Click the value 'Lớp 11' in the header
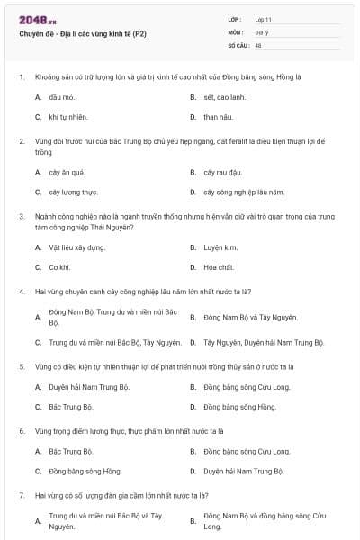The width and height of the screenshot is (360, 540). coord(265,18)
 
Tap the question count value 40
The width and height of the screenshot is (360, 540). coord(258,43)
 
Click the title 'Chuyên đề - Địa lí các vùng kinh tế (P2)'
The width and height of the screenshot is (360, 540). coord(81,33)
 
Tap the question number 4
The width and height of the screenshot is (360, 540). coord(21,291)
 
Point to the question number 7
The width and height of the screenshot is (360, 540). coord(21,495)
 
